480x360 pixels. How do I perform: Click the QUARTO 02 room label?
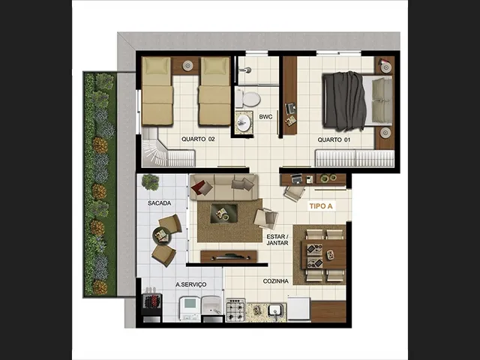click(x=198, y=139)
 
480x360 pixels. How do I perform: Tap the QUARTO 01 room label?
click(x=334, y=140)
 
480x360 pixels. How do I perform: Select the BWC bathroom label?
click(x=265, y=117)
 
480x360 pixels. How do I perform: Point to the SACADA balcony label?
click(x=159, y=203)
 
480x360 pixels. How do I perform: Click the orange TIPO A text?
click(x=321, y=206)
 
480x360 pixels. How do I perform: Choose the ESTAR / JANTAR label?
click(x=277, y=240)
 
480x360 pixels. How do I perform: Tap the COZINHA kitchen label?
click(x=276, y=281)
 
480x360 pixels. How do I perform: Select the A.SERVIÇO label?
click(x=190, y=284)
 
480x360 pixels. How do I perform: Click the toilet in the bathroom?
click(x=248, y=99)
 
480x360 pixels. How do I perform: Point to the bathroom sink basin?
click(x=244, y=123)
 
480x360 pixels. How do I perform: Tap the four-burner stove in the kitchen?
click(x=235, y=310)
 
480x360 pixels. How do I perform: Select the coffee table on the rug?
click(x=223, y=213)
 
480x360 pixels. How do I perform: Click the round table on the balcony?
click(x=162, y=235)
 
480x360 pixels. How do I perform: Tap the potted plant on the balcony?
click(x=150, y=182)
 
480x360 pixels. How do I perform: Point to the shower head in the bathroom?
click(x=246, y=70)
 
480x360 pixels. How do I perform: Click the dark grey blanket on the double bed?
click(x=345, y=101)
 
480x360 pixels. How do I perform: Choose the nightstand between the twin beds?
click(x=187, y=65)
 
